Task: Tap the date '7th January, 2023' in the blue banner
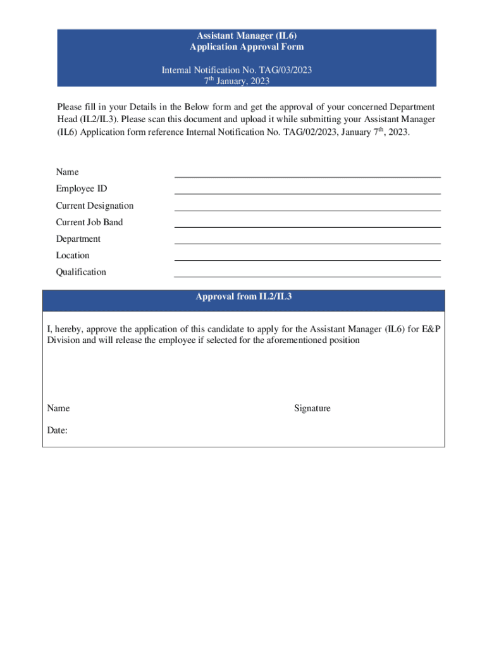(x=237, y=81)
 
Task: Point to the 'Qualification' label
(x=81, y=272)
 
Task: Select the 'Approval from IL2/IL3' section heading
(x=244, y=297)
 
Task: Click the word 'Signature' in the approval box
(x=312, y=409)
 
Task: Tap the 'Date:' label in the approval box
(x=58, y=430)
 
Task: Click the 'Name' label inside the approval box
(x=58, y=409)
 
